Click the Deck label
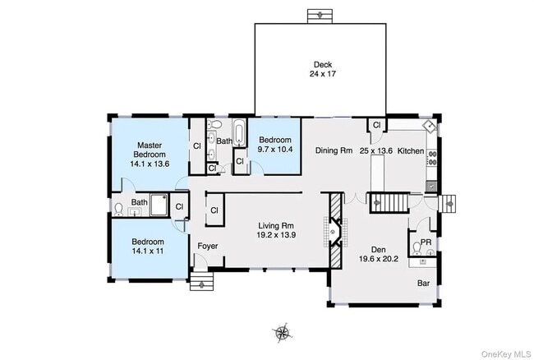pyautogui.click(x=323, y=64)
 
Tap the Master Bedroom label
pyautogui.click(x=150, y=150)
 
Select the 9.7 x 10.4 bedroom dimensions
pyautogui.click(x=275, y=149)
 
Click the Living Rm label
pyautogui.click(x=276, y=225)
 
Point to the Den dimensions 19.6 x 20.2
pyautogui.click(x=379, y=259)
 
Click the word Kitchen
pyautogui.click(x=411, y=150)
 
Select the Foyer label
pyautogui.click(x=208, y=246)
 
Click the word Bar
pyautogui.click(x=423, y=283)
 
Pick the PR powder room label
pyautogui.click(x=426, y=242)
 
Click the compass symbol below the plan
pyautogui.click(x=282, y=332)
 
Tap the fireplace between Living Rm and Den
pyautogui.click(x=335, y=231)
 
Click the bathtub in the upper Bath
pyautogui.click(x=239, y=133)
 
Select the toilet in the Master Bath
pyautogui.click(x=118, y=210)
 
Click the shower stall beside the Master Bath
pyautogui.click(x=159, y=205)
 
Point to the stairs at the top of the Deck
pyautogui.click(x=320, y=16)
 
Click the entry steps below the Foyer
pyautogui.click(x=201, y=281)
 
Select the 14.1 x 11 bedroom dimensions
pyautogui.click(x=148, y=251)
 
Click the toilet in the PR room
pyautogui.click(x=417, y=248)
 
